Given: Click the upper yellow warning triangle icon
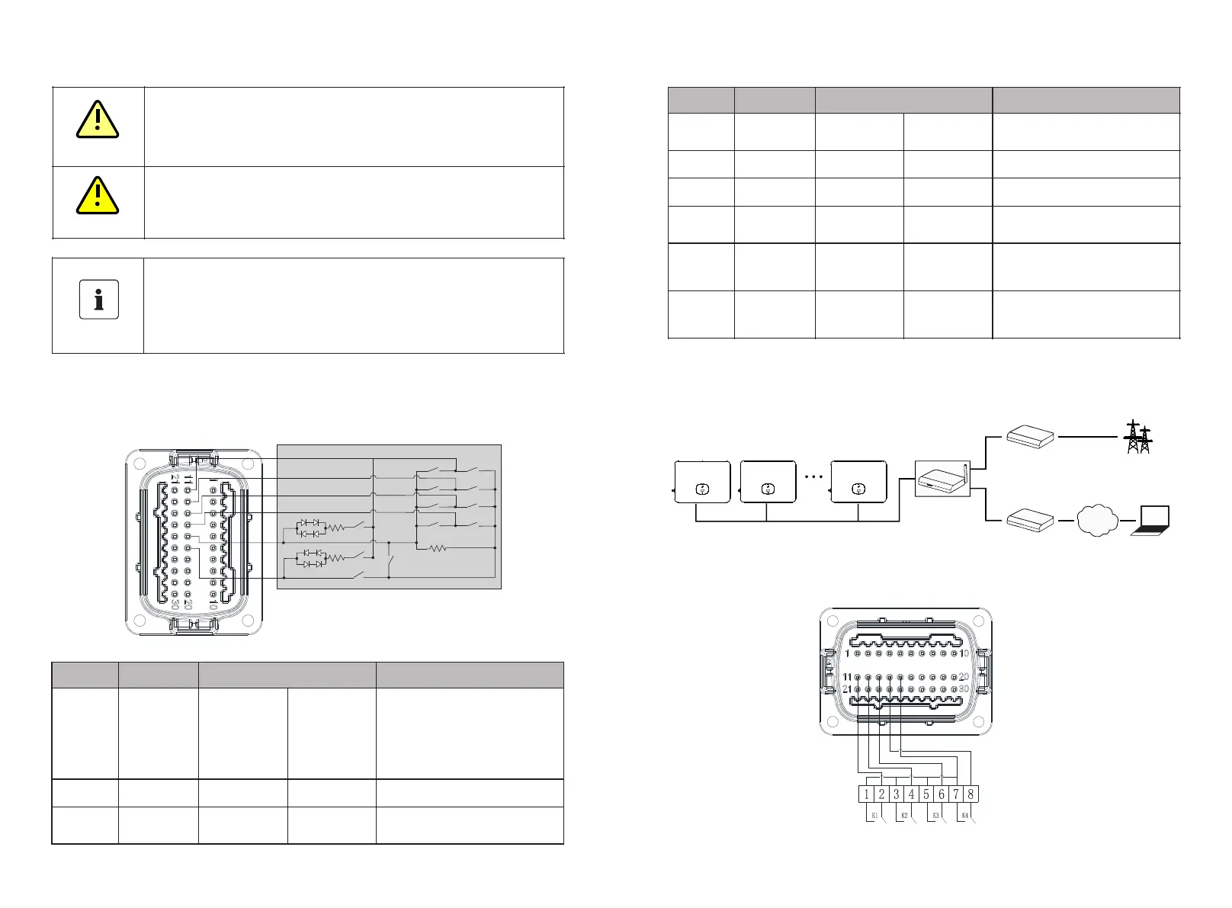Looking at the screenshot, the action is tap(98, 120).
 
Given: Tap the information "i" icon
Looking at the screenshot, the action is tap(99, 299).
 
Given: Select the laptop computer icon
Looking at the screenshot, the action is tap(1150, 521).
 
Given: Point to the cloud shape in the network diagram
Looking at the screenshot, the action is tap(1097, 521).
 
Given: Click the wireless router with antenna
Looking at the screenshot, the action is tap(942, 479).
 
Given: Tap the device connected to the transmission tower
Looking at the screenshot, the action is tap(1031, 437).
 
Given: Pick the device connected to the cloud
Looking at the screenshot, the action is tap(1031, 521).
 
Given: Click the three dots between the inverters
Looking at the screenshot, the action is tap(813, 476).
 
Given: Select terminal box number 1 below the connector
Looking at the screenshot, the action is tap(867, 794).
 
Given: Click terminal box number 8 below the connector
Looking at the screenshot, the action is tap(971, 794).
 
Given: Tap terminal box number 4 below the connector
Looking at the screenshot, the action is tap(911, 794).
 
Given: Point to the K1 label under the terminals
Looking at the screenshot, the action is tap(874, 816).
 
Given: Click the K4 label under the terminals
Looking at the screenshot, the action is tap(965, 816).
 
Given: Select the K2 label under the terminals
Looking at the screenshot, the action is tap(904, 816).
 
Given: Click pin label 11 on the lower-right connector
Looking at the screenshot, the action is tap(847, 677).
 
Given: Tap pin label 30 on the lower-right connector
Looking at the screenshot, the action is tap(964, 688).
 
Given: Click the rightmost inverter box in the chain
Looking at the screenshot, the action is tap(858, 482).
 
